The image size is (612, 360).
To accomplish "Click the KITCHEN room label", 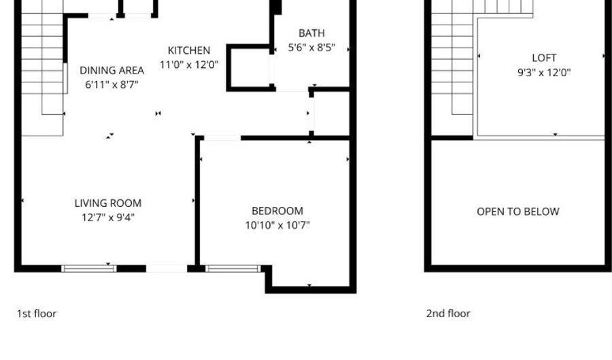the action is click(189, 50).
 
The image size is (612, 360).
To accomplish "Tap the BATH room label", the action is click(311, 33).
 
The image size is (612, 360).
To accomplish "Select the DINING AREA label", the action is click(112, 70).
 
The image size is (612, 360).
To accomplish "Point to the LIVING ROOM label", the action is click(108, 203).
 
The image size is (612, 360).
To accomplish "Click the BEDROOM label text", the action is click(277, 211).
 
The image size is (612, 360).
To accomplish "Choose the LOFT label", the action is click(544, 58).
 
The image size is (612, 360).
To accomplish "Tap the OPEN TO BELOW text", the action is click(518, 212).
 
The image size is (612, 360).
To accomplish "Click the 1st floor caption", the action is click(37, 314).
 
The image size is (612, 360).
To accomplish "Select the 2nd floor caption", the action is click(448, 314).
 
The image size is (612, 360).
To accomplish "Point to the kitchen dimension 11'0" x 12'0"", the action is click(189, 65).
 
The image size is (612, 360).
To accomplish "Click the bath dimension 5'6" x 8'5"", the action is click(311, 48).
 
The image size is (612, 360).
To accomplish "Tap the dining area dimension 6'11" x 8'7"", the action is click(112, 84).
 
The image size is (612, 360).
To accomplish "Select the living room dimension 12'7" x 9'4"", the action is click(108, 217).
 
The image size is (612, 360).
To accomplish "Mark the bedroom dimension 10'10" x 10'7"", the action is click(277, 225).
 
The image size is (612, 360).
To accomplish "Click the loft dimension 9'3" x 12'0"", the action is click(544, 72).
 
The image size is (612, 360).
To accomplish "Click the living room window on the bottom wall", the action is click(89, 269).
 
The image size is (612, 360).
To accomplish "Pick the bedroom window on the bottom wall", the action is click(233, 269).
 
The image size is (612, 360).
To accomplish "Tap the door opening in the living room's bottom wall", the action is click(167, 269).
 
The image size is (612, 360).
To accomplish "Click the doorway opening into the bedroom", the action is click(222, 138).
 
